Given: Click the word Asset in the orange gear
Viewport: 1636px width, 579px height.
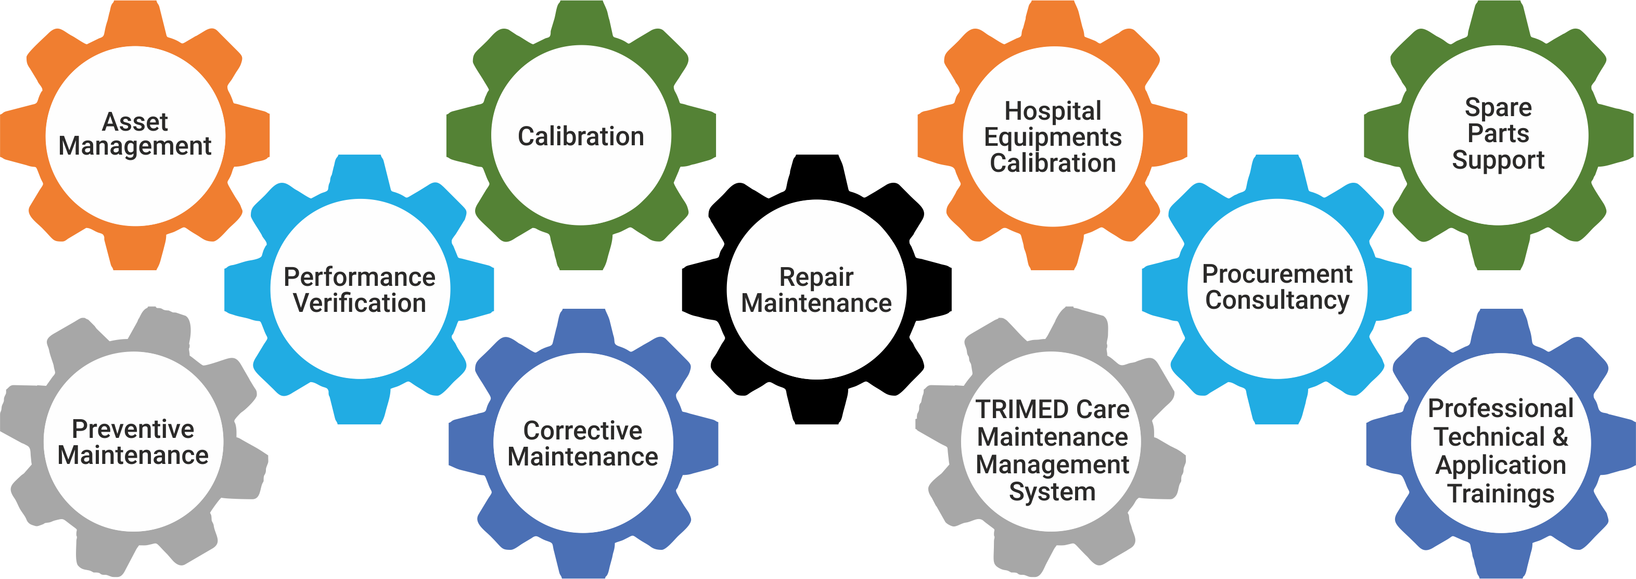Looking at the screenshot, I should coord(135,121).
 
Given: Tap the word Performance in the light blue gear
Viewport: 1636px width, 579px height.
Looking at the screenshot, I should coord(360,277).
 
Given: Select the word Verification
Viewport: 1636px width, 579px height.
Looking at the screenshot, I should coord(360,303).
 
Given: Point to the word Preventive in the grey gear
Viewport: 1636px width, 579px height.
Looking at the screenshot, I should coord(133,429).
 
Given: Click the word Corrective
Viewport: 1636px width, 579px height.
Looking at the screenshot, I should coord(582,431).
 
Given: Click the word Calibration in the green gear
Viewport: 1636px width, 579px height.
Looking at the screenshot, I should coord(581,136).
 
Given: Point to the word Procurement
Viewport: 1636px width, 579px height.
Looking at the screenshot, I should coord(1277,274).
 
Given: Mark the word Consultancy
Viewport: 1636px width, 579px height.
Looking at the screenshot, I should coord(1277,300).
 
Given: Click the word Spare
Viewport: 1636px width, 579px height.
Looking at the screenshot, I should coord(1498,107).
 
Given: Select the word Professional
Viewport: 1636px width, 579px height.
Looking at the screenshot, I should coord(1501,409).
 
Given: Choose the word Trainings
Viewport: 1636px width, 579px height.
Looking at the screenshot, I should coord(1501,494).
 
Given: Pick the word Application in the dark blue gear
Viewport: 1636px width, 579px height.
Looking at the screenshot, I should coord(1501,466).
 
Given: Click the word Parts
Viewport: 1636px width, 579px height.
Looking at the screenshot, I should coord(1498,133).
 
